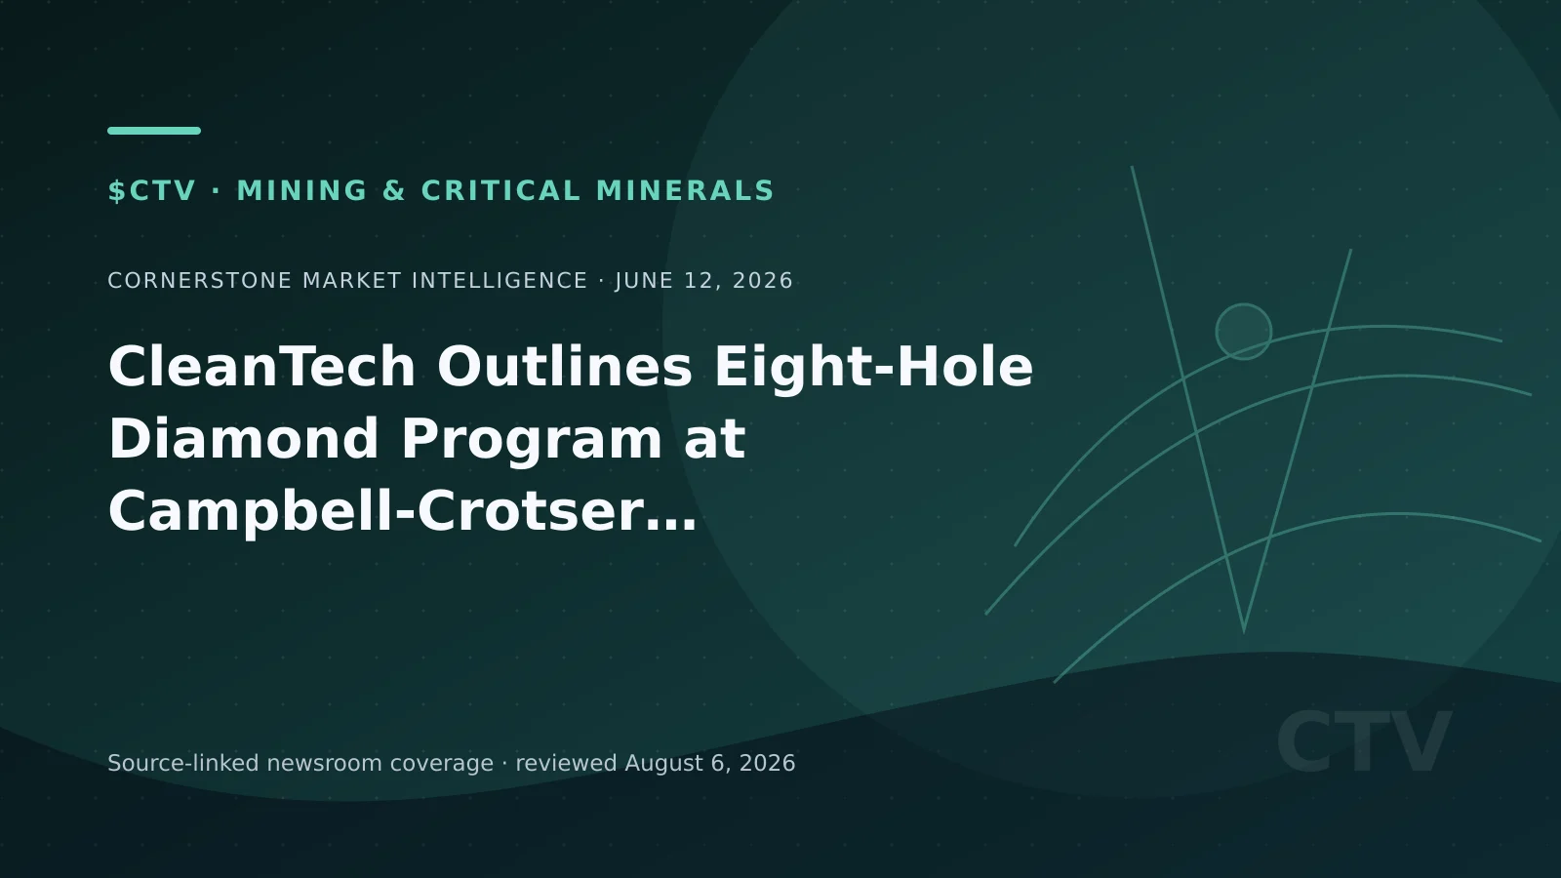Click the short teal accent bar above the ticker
pyautogui.click(x=154, y=131)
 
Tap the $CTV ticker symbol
pyautogui.click(x=152, y=191)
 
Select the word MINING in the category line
pyautogui.click(x=302, y=191)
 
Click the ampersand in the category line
pyautogui.click(x=394, y=191)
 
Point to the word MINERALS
pyautogui.click(x=685, y=191)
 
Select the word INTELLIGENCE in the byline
pyautogui.click(x=500, y=281)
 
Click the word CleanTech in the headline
pyautogui.click(x=262, y=367)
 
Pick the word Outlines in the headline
pyautogui.click(x=565, y=367)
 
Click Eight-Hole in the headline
pyautogui.click(x=874, y=367)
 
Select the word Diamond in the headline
pyautogui.click(x=243, y=438)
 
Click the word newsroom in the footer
pyautogui.click(x=325, y=764)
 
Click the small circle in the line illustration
pyautogui.click(x=1243, y=304)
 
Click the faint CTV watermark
pyautogui.click(x=1364, y=741)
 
